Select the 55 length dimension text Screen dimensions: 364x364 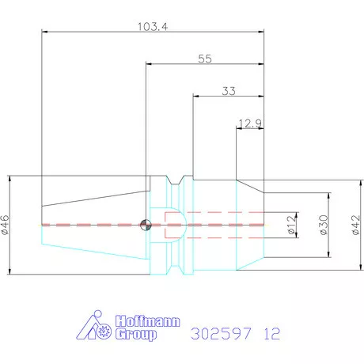pos(204,59)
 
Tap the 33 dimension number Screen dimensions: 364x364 pos(229,91)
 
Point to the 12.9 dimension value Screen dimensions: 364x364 pos(250,123)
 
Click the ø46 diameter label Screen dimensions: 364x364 pos(6,225)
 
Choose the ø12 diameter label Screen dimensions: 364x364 pos(290,225)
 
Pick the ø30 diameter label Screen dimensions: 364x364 pos(323,225)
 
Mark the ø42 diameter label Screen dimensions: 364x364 pos(355,225)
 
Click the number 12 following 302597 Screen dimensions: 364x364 pos(271,333)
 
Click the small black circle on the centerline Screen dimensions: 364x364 pos(145,225)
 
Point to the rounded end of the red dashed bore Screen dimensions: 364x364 pos(181,224)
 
